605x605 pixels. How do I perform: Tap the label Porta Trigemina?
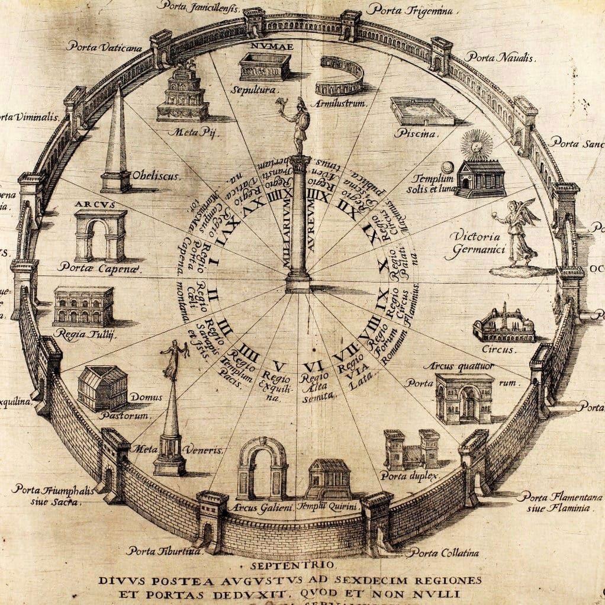click(410, 9)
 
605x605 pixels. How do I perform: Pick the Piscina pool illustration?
click(422, 111)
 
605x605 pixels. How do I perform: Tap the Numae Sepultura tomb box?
click(264, 66)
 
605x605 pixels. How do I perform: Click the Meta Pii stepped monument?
click(183, 94)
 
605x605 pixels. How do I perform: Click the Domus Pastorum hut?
click(102, 388)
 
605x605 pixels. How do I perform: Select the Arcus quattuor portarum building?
click(464, 397)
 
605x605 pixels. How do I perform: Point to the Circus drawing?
click(504, 323)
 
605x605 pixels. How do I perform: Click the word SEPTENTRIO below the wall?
click(303, 564)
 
